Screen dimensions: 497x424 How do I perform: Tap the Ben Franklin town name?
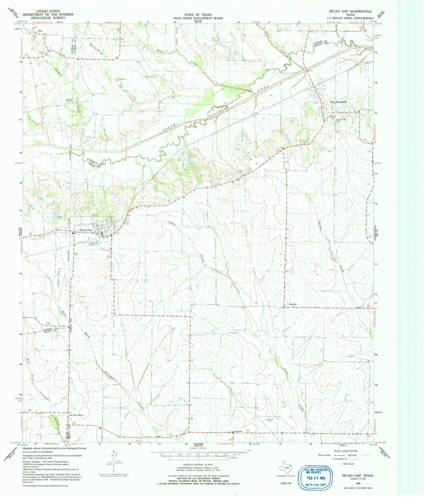click(338, 102)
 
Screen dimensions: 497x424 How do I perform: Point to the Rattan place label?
click(293, 304)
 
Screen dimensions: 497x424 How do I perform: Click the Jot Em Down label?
click(77, 415)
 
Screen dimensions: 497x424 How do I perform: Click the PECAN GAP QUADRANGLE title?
click(350, 11)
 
